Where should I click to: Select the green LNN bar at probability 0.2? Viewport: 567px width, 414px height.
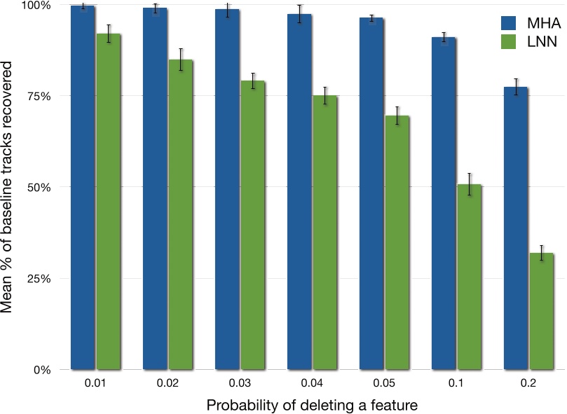(542, 311)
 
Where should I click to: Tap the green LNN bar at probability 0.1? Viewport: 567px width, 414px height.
(470, 277)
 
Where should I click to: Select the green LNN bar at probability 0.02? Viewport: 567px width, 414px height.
(181, 214)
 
